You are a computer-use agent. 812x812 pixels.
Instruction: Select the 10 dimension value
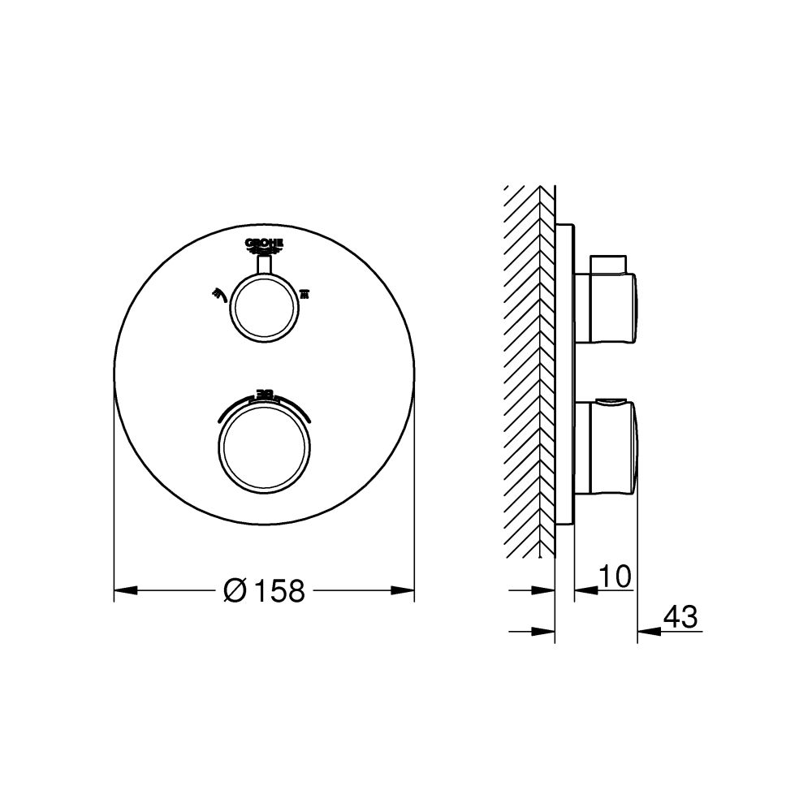tap(615, 576)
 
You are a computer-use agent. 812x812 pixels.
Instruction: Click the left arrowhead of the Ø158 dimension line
tap(123, 590)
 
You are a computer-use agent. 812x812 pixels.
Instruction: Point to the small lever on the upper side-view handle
tap(609, 265)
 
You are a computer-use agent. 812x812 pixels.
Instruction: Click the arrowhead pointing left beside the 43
tap(646, 630)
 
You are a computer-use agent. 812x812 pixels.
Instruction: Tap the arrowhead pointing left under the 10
tap(583, 590)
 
